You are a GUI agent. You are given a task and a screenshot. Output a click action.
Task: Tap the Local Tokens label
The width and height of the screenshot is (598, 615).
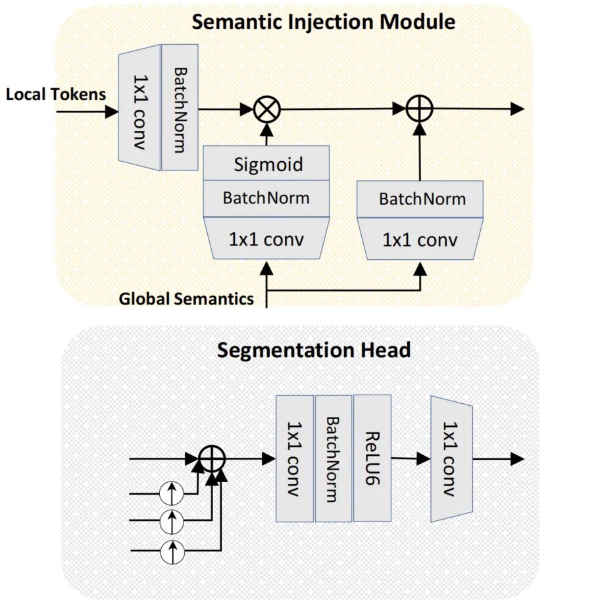[56, 94]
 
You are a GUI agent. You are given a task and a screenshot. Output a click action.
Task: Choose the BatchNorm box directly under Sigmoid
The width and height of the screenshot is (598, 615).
[266, 197]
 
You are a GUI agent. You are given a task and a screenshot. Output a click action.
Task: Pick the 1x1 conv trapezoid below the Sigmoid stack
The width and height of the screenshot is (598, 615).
[266, 239]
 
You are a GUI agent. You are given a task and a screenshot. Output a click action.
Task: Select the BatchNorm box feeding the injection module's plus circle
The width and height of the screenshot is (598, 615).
[421, 199]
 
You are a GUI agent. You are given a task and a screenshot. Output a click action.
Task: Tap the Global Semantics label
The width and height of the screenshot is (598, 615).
[186, 299]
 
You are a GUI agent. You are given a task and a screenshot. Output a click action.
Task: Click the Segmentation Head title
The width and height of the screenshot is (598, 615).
[314, 349]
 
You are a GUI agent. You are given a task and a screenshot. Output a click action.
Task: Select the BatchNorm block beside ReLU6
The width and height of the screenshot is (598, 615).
[334, 458]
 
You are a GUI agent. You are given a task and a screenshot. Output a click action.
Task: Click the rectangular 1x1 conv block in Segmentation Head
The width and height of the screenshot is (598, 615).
[295, 458]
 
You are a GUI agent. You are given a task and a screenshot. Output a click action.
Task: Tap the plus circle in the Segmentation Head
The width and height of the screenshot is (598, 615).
[212, 458]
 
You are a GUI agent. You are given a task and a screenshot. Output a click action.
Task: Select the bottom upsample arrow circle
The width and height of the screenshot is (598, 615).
[172, 550]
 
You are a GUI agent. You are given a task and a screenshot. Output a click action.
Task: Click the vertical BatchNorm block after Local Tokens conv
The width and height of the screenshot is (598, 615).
[179, 107]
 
